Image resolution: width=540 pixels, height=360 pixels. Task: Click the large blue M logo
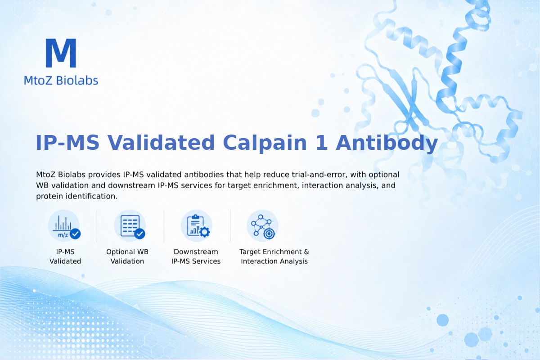(x=61, y=53)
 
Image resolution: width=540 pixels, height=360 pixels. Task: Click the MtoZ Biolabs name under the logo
(x=61, y=80)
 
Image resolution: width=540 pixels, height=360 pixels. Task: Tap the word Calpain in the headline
(x=265, y=143)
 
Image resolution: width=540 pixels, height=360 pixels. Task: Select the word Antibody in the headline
(x=387, y=143)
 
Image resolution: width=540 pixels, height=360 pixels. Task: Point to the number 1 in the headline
(x=322, y=143)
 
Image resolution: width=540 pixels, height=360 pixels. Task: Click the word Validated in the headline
(x=161, y=143)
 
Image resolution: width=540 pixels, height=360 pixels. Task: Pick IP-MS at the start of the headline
(x=67, y=143)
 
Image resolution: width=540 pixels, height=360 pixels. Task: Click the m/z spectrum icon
(x=64, y=226)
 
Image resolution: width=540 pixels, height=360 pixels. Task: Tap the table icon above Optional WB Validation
(x=130, y=226)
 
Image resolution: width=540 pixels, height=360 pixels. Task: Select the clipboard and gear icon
(x=197, y=226)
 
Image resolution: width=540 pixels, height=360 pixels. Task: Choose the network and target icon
(x=262, y=226)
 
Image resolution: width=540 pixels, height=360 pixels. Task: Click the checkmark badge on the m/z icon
(x=75, y=234)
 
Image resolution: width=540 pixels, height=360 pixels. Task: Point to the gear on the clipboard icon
(x=205, y=232)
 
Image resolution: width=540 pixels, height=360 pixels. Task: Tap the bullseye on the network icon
(x=269, y=234)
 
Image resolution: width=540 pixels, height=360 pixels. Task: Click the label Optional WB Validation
(x=127, y=256)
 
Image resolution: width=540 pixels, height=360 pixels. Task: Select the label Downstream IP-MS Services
(x=196, y=256)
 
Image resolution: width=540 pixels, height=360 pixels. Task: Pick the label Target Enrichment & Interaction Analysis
(x=274, y=256)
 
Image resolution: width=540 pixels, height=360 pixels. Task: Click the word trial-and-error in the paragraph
(x=319, y=175)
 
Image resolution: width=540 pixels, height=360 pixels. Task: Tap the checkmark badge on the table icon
(x=139, y=234)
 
